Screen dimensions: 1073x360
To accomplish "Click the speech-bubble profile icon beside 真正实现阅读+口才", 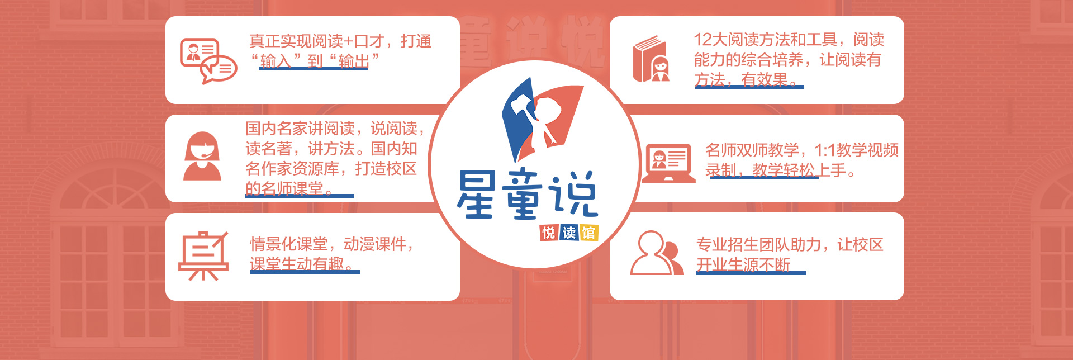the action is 208,61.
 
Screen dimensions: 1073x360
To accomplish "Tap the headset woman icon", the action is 202,156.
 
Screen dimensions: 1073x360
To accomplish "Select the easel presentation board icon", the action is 203,255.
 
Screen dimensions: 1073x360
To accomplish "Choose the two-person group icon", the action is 657,253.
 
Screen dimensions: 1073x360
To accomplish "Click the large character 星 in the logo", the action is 476,194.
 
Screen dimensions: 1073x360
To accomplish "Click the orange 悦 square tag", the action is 549,233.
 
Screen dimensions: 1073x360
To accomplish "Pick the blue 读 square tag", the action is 569,233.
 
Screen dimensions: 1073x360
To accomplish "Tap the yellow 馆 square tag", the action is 589,233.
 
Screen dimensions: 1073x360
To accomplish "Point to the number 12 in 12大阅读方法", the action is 702,40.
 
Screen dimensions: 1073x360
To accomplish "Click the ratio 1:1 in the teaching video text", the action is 825,150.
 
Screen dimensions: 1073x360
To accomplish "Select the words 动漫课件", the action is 374,244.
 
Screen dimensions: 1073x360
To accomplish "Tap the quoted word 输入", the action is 276,61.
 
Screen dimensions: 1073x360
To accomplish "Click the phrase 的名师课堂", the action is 284,188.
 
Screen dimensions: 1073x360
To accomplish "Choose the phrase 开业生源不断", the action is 743,264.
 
